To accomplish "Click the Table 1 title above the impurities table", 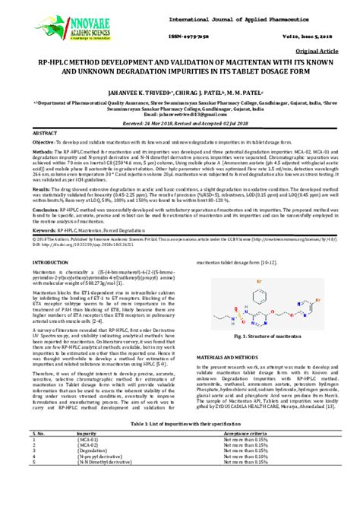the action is pos(180,444).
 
